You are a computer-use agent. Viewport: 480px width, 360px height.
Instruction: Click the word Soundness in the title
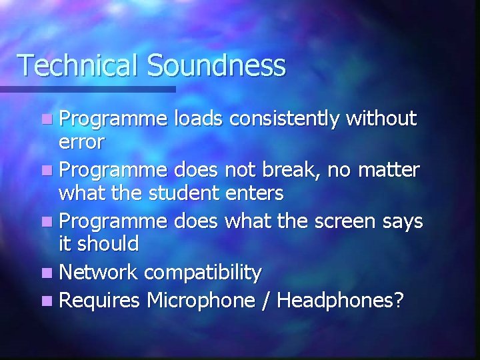coord(216,65)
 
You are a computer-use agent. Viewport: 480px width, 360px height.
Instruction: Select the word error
coord(81,142)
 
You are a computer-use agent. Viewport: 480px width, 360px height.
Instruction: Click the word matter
coord(389,170)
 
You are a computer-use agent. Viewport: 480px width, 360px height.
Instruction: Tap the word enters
coord(257,193)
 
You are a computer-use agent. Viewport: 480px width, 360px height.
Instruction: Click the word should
coord(107,244)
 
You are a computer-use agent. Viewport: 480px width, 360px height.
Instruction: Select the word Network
coord(99,272)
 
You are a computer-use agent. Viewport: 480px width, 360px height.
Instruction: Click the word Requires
coord(100,301)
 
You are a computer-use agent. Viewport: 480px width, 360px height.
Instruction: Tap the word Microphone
coord(199,301)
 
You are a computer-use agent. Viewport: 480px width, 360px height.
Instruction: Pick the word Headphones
coord(339,301)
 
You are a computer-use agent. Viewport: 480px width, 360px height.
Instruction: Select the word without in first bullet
coord(381,119)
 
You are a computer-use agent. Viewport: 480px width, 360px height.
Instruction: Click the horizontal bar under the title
coord(87,89)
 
